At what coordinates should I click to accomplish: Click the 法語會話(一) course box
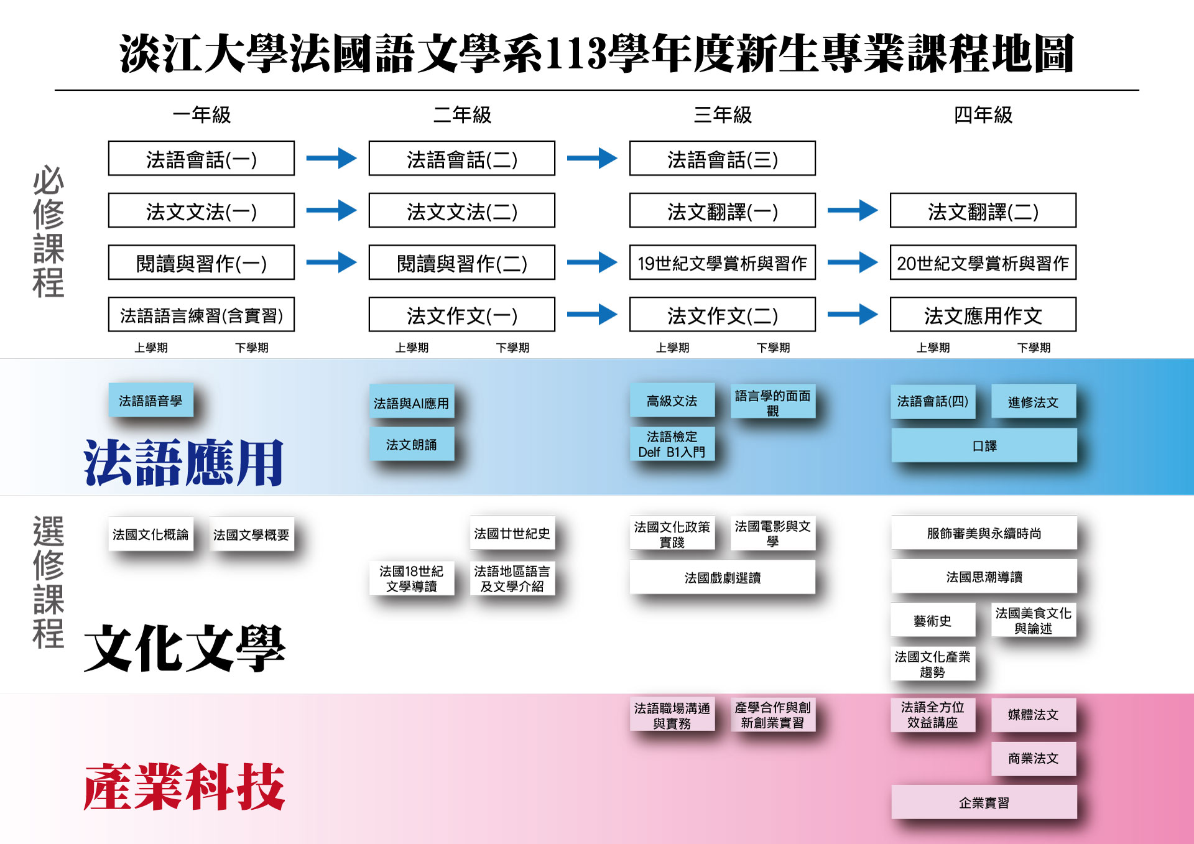(x=201, y=159)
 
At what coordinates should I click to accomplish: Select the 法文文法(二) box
(x=461, y=211)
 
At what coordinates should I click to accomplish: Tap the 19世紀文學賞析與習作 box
(x=722, y=262)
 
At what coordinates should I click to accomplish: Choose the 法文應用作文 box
(x=983, y=315)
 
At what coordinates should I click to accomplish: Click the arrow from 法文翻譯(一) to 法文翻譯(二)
(x=852, y=210)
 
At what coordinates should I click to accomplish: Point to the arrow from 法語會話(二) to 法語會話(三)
(x=591, y=158)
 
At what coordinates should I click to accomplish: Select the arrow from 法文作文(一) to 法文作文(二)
(x=591, y=314)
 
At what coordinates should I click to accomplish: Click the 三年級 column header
(x=723, y=115)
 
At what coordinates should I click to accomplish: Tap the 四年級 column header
(x=983, y=115)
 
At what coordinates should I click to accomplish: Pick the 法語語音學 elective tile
(x=150, y=400)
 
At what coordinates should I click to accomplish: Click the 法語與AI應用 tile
(x=411, y=402)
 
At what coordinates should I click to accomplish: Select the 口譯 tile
(x=984, y=445)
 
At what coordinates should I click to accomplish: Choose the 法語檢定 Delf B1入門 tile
(x=672, y=444)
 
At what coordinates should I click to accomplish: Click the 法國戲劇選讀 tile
(x=722, y=577)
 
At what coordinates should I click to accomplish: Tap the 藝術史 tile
(x=932, y=620)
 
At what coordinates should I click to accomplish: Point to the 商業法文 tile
(x=1033, y=758)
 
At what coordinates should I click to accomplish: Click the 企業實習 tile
(x=984, y=802)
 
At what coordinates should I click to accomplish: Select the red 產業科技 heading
(x=184, y=787)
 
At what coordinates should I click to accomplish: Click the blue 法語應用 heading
(x=184, y=462)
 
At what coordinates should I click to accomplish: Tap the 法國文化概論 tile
(x=150, y=534)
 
